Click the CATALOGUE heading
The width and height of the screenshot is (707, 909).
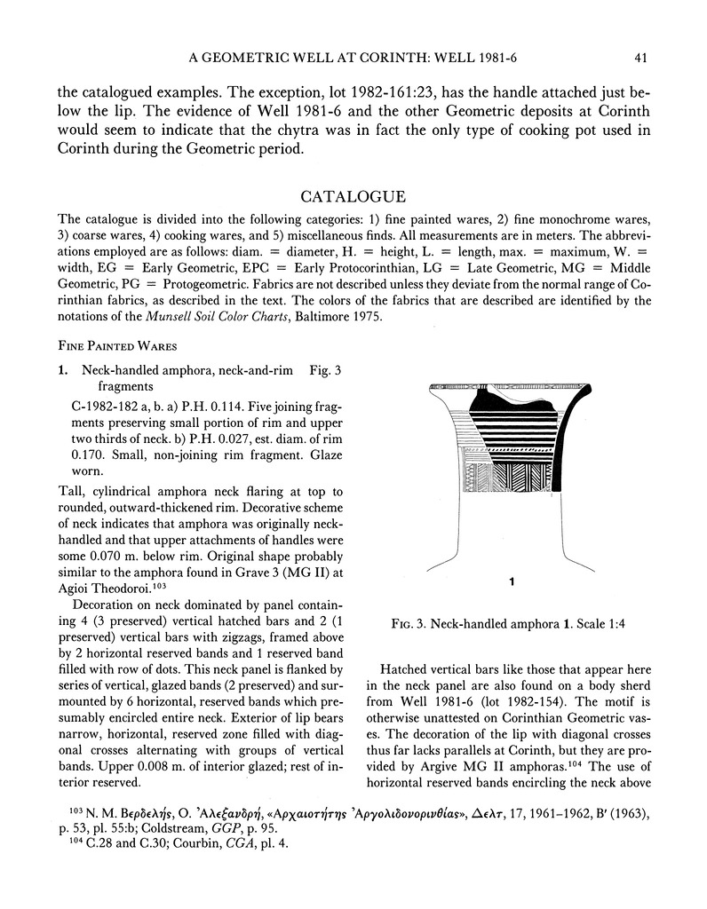tap(353, 196)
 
